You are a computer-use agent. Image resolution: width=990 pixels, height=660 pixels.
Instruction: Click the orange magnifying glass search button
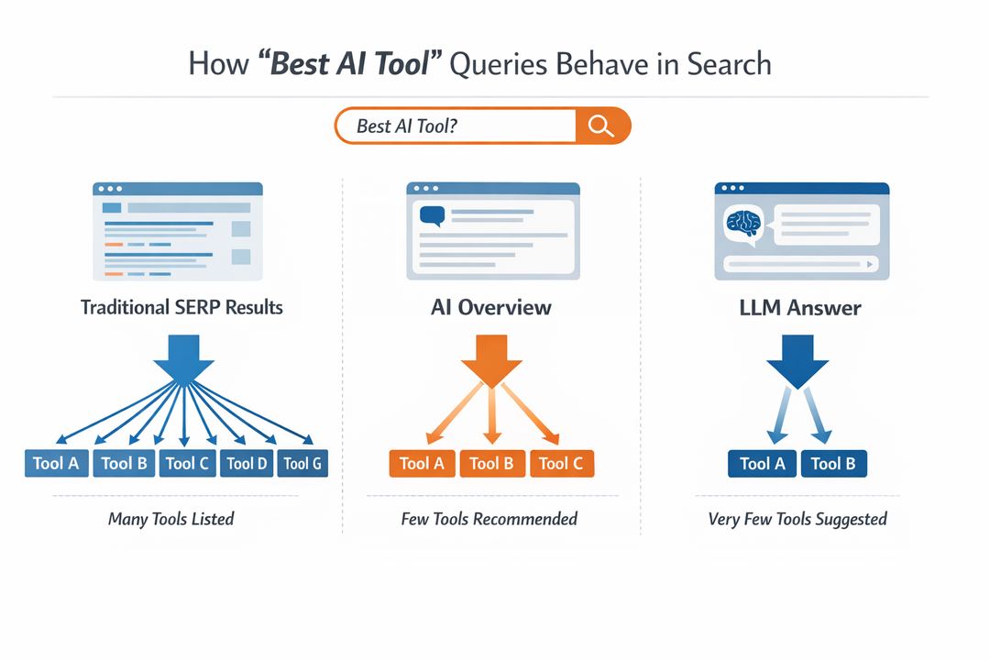click(x=601, y=126)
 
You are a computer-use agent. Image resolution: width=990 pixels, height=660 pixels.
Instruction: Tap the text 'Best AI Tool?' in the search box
click(x=406, y=126)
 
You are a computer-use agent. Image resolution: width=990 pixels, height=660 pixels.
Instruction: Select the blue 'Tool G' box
click(x=302, y=463)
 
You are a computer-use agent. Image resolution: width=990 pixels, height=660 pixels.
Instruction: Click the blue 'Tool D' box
click(x=247, y=463)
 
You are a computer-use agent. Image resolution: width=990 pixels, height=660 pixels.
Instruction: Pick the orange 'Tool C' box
click(x=561, y=463)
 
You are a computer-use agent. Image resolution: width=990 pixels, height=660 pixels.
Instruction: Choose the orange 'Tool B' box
click(x=491, y=463)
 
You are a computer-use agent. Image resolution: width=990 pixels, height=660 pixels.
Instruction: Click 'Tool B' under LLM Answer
click(x=833, y=463)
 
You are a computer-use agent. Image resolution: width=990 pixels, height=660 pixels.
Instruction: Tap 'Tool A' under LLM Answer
click(x=762, y=463)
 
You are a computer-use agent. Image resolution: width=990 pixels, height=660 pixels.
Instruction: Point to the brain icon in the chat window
click(x=743, y=224)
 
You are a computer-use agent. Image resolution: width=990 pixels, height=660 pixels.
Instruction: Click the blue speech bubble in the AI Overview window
click(x=431, y=216)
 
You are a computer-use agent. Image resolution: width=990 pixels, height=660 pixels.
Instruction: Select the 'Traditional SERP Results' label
click(x=181, y=307)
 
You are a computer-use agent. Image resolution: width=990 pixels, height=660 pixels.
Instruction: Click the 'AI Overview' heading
click(x=491, y=307)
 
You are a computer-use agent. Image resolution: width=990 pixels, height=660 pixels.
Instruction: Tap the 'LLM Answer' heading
click(x=799, y=307)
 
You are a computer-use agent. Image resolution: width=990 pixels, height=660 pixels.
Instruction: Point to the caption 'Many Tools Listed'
click(x=171, y=519)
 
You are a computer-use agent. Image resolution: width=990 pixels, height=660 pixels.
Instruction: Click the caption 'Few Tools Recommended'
click(x=489, y=519)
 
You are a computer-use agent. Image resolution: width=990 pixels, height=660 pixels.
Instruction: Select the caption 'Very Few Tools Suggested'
click(x=797, y=519)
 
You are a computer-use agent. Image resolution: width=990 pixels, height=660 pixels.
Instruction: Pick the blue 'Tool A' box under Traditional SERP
click(x=55, y=463)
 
